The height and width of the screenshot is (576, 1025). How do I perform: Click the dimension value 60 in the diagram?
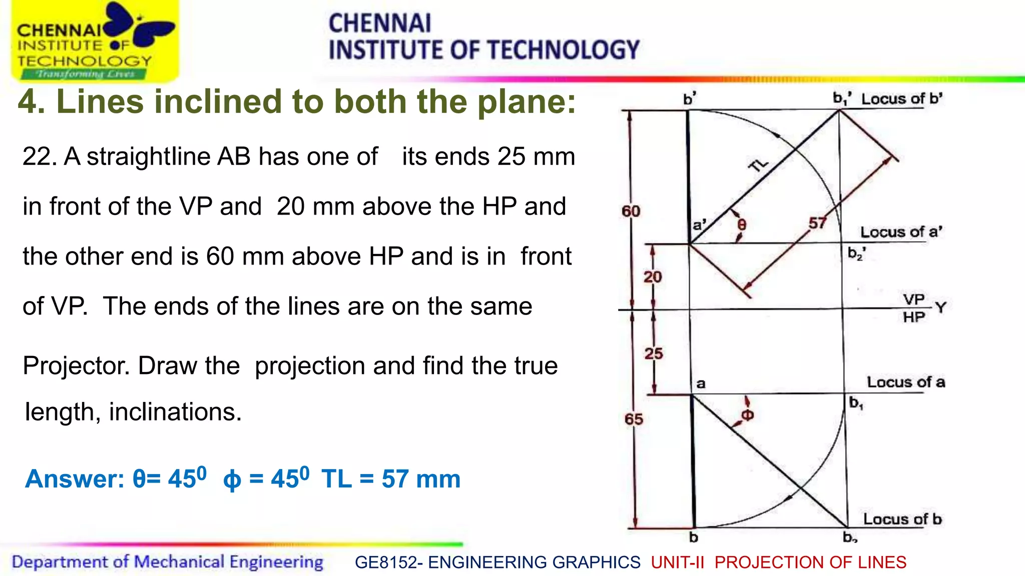coord(631,211)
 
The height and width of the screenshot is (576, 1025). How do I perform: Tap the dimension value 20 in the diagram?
coord(652,276)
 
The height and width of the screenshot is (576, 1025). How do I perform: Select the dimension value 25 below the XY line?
coord(653,353)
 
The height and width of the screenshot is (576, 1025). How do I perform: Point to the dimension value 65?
coord(634,419)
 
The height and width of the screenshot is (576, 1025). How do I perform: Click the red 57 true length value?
coord(817,223)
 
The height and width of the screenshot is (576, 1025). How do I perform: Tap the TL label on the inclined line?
coord(758,164)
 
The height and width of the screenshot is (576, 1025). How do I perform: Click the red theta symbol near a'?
coord(742,225)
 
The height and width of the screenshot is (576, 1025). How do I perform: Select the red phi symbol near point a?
coord(747,415)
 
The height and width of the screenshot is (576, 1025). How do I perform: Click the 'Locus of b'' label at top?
coord(901,98)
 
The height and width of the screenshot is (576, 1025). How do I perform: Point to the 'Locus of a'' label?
coord(901,232)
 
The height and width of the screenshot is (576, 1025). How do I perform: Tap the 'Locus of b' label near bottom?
coord(902,519)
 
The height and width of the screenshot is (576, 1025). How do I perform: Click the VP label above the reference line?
coord(913,299)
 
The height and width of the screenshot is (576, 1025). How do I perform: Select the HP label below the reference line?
coord(913,317)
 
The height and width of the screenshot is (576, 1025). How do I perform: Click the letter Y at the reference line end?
coord(940,307)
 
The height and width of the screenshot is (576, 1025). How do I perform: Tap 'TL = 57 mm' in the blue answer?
coord(390,479)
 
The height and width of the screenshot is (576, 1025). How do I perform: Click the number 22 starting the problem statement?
coord(37,156)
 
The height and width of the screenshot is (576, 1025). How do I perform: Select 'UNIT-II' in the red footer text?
coord(677,562)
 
